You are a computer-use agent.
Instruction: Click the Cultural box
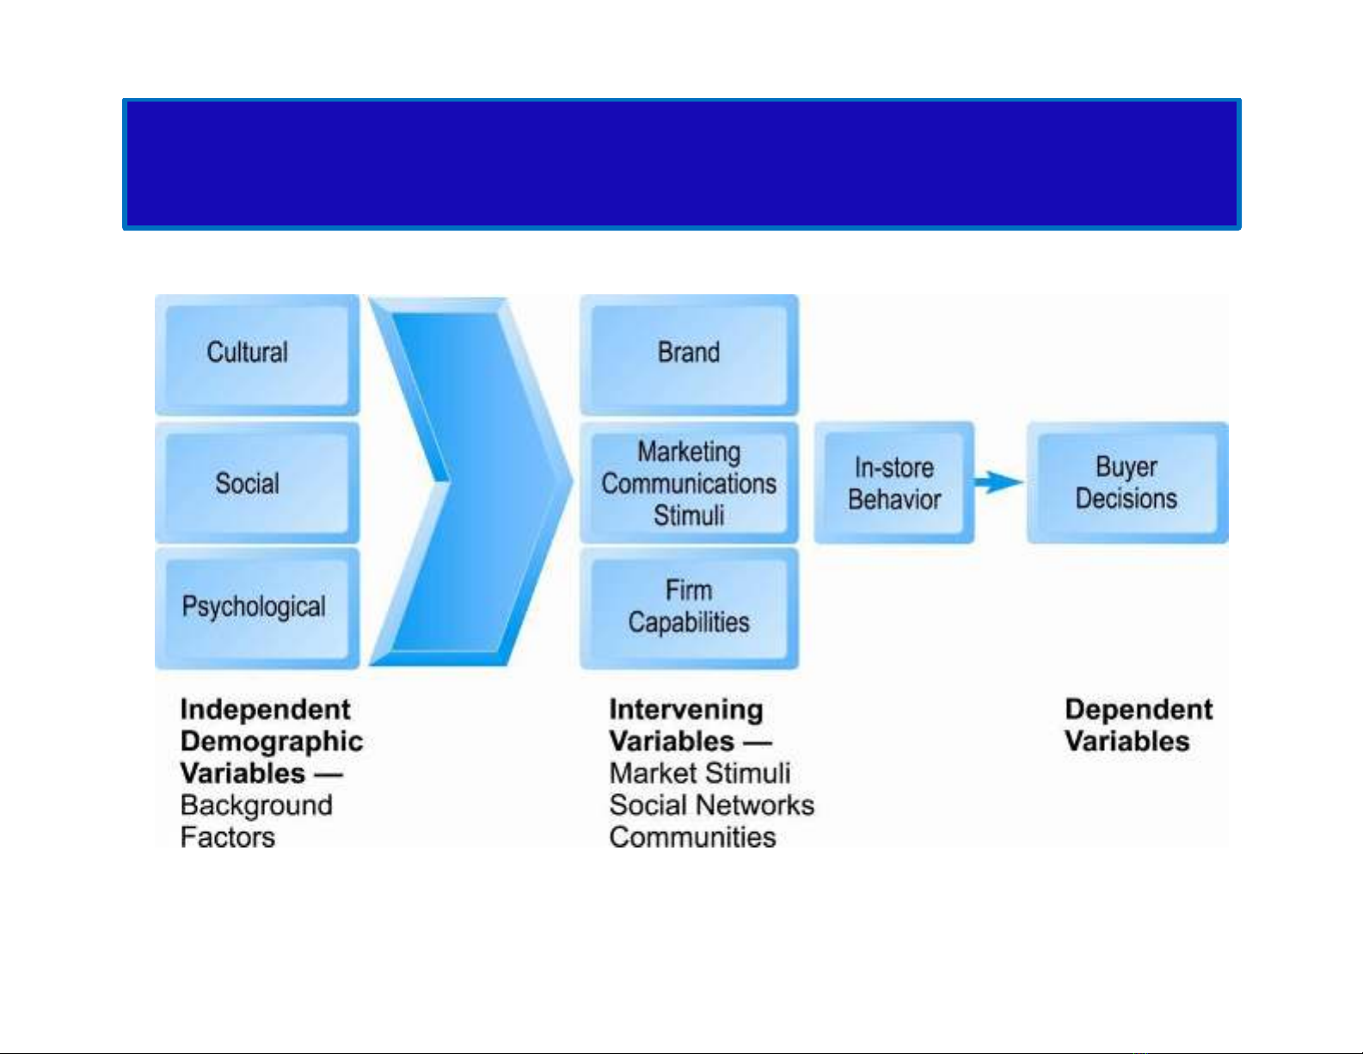(x=256, y=354)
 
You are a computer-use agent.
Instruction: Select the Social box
(x=256, y=483)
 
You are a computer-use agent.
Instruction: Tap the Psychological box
(x=256, y=607)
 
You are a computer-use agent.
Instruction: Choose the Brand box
(x=689, y=354)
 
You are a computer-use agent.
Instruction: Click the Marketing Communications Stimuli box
(x=689, y=483)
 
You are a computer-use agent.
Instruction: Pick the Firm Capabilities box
(x=689, y=607)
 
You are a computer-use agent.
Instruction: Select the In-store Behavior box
(x=894, y=483)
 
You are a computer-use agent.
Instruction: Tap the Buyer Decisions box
(x=1127, y=483)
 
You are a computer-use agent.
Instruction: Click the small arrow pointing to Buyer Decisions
(x=999, y=482)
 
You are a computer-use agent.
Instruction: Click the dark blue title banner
(x=681, y=164)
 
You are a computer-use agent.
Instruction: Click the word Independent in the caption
(x=265, y=710)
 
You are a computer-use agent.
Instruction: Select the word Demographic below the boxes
(x=272, y=742)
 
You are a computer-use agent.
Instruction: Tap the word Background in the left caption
(x=256, y=805)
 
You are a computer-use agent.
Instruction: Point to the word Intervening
(x=685, y=710)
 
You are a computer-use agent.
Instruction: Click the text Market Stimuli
(x=699, y=774)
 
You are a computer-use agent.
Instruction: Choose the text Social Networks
(x=711, y=805)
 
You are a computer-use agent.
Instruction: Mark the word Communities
(x=692, y=836)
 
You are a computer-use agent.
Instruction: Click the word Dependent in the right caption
(x=1138, y=710)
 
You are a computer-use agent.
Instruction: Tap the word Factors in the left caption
(x=228, y=836)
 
